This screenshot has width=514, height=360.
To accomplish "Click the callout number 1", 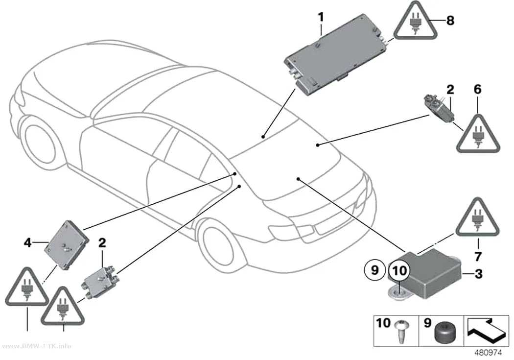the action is (321, 17).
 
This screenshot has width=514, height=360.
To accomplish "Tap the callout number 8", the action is (450, 21).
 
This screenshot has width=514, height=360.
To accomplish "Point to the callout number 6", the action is (478, 89).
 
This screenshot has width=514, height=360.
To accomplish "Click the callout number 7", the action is (478, 256).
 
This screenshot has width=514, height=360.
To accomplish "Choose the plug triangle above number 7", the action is (477, 219).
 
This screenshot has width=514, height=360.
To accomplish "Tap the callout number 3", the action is (479, 273).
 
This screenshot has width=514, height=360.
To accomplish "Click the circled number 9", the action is (374, 270).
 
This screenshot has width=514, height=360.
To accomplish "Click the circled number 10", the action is (399, 271).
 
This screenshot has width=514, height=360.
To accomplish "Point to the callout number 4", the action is (27, 243).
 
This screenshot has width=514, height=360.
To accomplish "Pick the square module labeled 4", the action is (67, 244).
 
